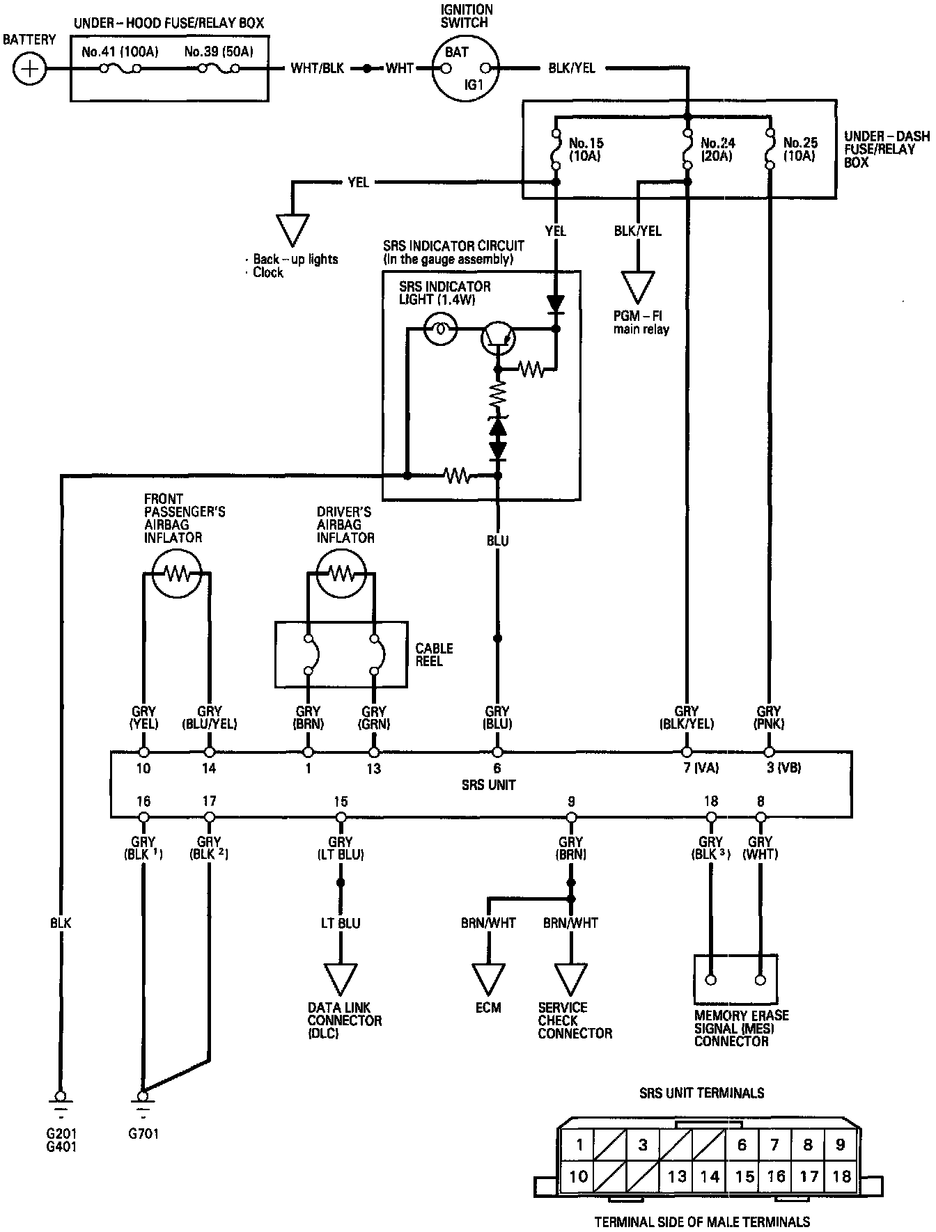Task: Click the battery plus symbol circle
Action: pyautogui.click(x=29, y=69)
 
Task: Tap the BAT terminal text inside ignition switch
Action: pyautogui.click(x=457, y=52)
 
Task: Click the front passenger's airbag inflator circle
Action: pyautogui.click(x=176, y=573)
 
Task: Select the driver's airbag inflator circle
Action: pyautogui.click(x=341, y=573)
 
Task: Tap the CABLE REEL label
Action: pyautogui.click(x=434, y=654)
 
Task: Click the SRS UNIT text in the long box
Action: pyautogui.click(x=488, y=784)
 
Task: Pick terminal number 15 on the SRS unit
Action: pyautogui.click(x=341, y=802)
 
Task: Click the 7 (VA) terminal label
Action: pyautogui.click(x=700, y=768)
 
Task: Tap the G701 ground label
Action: pyautogui.click(x=143, y=1133)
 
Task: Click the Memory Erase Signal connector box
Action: pyautogui.click(x=735, y=979)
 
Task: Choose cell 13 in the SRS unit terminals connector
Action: pyautogui.click(x=677, y=1176)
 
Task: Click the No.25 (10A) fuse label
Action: pyautogui.click(x=799, y=150)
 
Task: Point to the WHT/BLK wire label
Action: pyautogui.click(x=317, y=69)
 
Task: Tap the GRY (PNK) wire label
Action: pyautogui.click(x=769, y=717)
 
